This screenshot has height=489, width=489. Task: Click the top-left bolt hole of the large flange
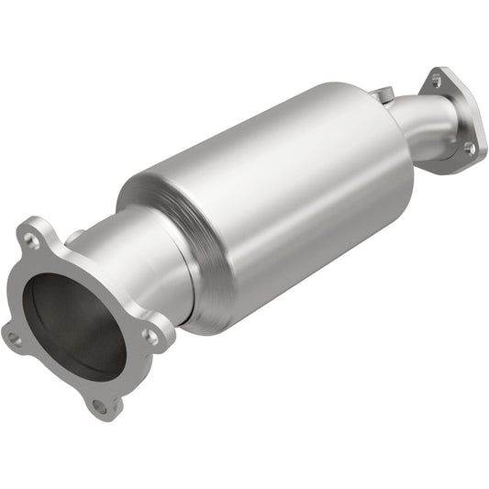pos(32,242)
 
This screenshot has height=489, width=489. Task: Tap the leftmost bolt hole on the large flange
pos(15,339)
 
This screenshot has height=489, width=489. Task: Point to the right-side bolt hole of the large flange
pos(150,337)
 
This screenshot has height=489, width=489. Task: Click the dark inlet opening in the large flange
pos(69,317)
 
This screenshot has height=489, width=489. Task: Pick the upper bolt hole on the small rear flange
pos(435,82)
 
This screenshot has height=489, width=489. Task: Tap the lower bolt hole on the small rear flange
pos(469,148)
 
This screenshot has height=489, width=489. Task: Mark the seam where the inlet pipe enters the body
pos(188,275)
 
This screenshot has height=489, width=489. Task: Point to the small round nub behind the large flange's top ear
pos(75,236)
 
